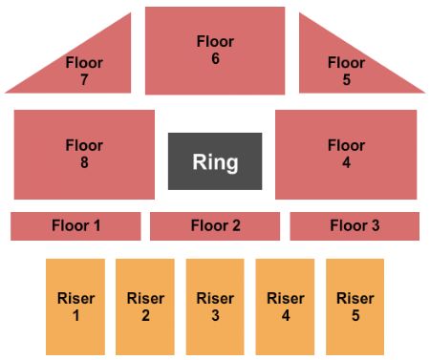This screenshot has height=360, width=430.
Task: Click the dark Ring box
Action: [215, 160]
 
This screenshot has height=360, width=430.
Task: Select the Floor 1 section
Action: [75, 226]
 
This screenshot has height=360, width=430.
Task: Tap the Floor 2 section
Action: [215, 226]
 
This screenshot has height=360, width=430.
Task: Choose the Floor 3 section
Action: [355, 226]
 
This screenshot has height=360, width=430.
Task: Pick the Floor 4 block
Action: [346, 155]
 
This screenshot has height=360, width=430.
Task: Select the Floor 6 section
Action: [215, 50]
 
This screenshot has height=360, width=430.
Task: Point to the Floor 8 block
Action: [84, 155]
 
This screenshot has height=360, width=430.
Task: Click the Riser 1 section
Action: [75, 307]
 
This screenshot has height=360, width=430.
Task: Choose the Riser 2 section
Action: [145, 307]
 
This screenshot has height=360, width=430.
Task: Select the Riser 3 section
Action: [215, 307]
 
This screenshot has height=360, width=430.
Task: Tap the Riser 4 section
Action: [285, 307]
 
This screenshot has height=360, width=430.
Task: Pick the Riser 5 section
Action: [355, 307]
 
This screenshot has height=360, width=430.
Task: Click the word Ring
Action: [215, 161]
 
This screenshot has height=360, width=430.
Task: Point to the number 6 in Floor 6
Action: [215, 58]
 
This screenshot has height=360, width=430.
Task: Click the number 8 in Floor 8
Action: [84, 162]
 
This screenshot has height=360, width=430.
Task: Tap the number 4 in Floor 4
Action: [346, 162]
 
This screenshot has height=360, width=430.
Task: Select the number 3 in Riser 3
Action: [215, 315]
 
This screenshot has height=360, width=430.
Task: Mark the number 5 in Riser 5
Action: [355, 315]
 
